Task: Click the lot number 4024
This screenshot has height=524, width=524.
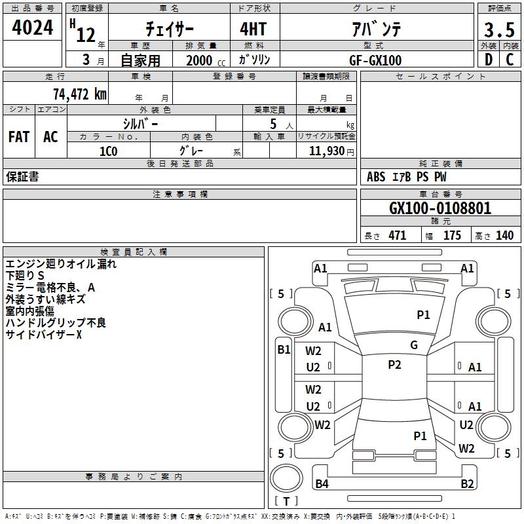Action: [33, 29]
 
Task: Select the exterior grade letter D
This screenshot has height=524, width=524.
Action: [488, 60]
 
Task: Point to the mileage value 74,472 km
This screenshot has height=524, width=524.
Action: [79, 94]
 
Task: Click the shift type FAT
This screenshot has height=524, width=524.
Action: [18, 137]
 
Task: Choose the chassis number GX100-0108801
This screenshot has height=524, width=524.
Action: [440, 209]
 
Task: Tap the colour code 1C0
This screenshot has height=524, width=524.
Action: [108, 151]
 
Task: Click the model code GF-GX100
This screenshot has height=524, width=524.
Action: [375, 60]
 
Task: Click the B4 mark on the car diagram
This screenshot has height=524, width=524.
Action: [322, 484]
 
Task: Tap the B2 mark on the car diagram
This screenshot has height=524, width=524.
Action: [467, 484]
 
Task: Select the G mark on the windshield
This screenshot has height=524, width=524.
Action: [414, 345]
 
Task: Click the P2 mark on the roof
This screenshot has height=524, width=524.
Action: [394, 365]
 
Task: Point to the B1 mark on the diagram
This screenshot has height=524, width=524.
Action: [283, 350]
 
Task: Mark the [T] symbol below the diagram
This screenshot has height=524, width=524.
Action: [286, 502]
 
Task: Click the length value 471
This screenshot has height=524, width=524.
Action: [397, 236]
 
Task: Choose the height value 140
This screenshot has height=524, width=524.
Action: [504, 236]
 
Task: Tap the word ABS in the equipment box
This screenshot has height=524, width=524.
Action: [376, 177]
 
